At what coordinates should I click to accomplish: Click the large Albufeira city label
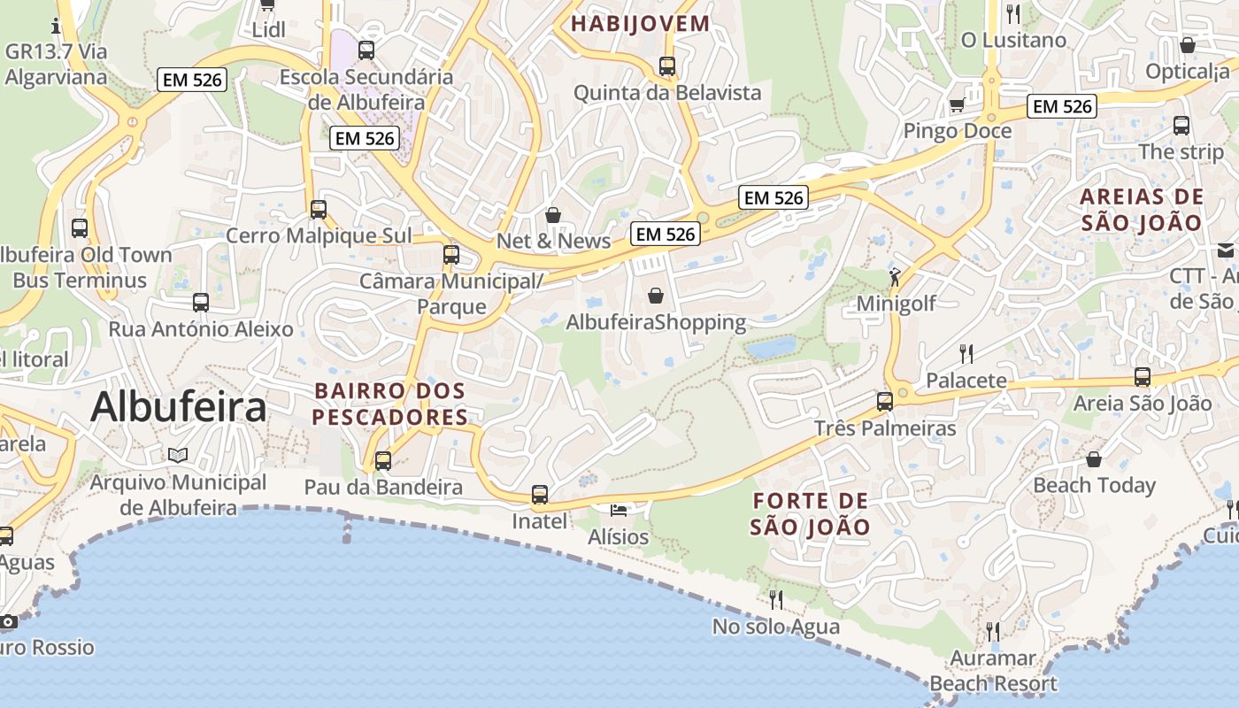pyautogui.click(x=178, y=407)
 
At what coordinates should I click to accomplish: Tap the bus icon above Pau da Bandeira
pyautogui.click(x=383, y=460)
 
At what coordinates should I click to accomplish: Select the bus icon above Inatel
pyautogui.click(x=540, y=494)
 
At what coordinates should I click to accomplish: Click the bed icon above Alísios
pyautogui.click(x=619, y=511)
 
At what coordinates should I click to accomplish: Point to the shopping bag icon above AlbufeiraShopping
pyautogui.click(x=656, y=295)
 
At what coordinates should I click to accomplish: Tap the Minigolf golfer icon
pyautogui.click(x=896, y=277)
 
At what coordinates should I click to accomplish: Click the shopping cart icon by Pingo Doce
pyautogui.click(x=957, y=106)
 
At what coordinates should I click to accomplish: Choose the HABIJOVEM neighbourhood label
pyautogui.click(x=641, y=24)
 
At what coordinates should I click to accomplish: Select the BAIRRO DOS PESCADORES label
pyautogui.click(x=390, y=404)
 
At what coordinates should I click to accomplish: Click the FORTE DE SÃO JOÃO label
pyautogui.click(x=810, y=514)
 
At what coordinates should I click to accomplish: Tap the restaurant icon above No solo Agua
pyautogui.click(x=776, y=600)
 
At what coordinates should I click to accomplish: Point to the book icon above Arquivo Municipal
pyautogui.click(x=178, y=455)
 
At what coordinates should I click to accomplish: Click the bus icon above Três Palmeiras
pyautogui.click(x=885, y=401)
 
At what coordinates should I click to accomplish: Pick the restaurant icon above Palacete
pyautogui.click(x=966, y=354)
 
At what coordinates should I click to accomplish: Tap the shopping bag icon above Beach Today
pyautogui.click(x=1094, y=458)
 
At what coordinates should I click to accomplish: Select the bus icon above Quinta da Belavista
pyautogui.click(x=667, y=65)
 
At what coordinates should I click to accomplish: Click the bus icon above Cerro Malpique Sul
pyautogui.click(x=319, y=209)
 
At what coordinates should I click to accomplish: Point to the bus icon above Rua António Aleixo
pyautogui.click(x=201, y=302)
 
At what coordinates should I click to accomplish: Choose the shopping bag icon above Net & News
pyautogui.click(x=553, y=214)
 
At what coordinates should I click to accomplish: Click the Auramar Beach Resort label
pyautogui.click(x=993, y=671)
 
